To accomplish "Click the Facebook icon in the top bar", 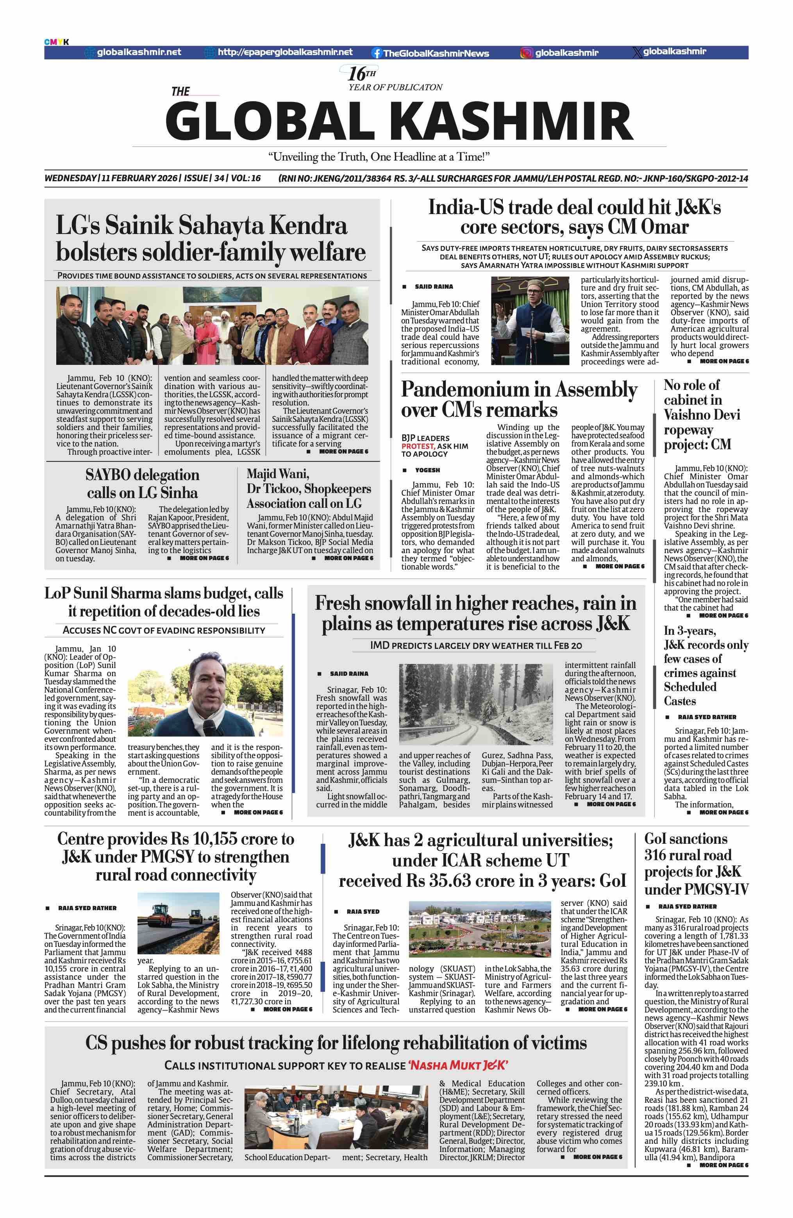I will (377, 53).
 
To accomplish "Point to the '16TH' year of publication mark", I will (362, 74).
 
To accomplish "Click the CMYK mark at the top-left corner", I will (56, 42).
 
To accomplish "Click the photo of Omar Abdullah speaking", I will (530, 320).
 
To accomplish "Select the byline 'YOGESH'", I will (427, 470).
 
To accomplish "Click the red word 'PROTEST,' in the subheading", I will (418, 446).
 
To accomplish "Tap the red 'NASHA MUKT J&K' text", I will (457, 1066).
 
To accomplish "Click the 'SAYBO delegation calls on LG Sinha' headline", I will (142, 484).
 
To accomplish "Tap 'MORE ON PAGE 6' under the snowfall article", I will (610, 804).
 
